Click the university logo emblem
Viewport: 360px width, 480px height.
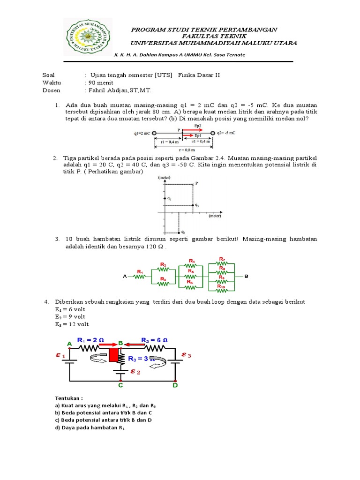pyautogui.click(x=88, y=37)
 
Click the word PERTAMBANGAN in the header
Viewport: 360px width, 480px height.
pyautogui.click(x=247, y=30)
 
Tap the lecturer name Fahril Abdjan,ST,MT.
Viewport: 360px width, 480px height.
pyautogui.click(x=120, y=90)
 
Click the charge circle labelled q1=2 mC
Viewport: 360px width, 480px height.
pyautogui.click(x=154, y=133)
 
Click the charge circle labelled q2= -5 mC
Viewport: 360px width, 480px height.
pyautogui.click(x=212, y=133)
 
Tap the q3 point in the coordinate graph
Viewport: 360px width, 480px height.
pyautogui.click(x=193, y=205)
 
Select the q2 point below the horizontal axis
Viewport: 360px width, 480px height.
pyautogui.click(x=179, y=232)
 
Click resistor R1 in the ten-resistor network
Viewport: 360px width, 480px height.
pyautogui.click(x=140, y=276)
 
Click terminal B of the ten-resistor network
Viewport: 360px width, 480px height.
pyautogui.click(x=247, y=277)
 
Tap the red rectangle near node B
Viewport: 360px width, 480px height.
pyautogui.click(x=113, y=355)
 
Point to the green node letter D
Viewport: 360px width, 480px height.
pyautogui.click(x=175, y=385)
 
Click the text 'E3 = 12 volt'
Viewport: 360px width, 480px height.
pyautogui.click(x=71, y=324)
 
